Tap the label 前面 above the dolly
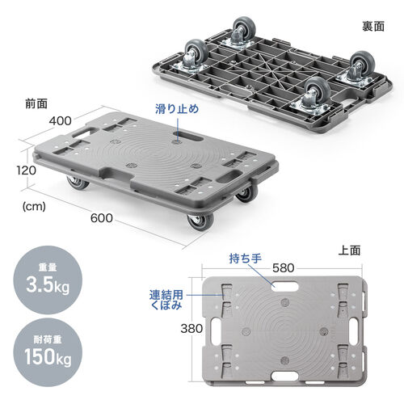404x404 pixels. [36, 103]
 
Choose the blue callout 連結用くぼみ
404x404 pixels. [166, 298]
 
